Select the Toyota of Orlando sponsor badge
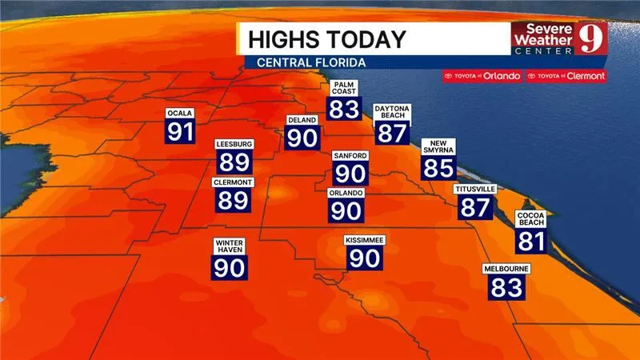(482, 76)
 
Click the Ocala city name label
(180, 113)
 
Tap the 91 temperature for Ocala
(180, 131)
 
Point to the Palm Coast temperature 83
(344, 108)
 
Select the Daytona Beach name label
(391, 113)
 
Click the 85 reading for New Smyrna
(438, 168)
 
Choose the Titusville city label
(474, 189)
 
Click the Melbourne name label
(506, 270)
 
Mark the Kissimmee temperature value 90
(365, 258)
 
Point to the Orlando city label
(346, 193)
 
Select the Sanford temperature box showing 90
(351, 173)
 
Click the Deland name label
(303, 120)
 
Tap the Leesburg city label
(234, 144)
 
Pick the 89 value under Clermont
(233, 200)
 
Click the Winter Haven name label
(229, 246)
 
